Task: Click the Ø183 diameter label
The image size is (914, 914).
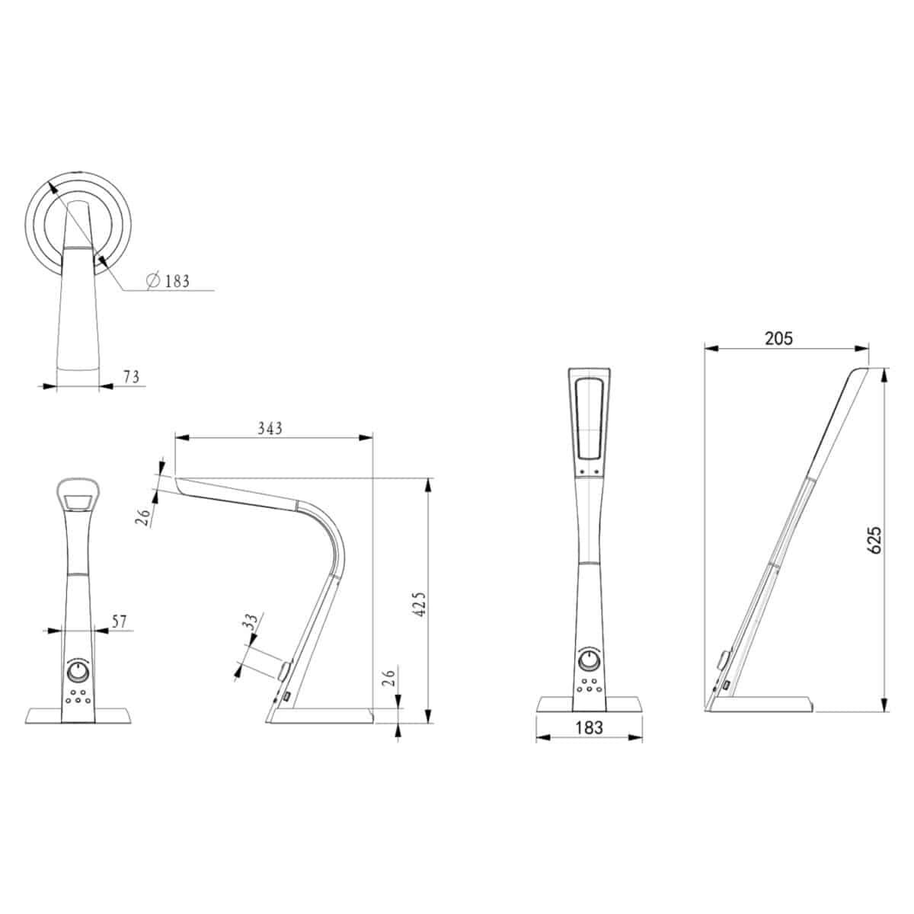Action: click(x=168, y=281)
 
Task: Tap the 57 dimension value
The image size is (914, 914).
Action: click(x=120, y=622)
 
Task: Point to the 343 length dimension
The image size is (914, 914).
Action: click(x=270, y=428)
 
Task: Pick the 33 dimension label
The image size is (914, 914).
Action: click(x=249, y=622)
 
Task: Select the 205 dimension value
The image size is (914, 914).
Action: click(x=779, y=338)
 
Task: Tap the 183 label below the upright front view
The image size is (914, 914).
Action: click(x=589, y=727)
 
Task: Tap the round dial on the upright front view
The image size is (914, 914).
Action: click(x=588, y=660)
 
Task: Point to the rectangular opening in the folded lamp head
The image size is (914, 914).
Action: click(x=78, y=503)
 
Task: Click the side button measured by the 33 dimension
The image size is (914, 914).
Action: click(x=283, y=670)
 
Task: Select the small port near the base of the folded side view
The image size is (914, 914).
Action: click(x=286, y=696)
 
